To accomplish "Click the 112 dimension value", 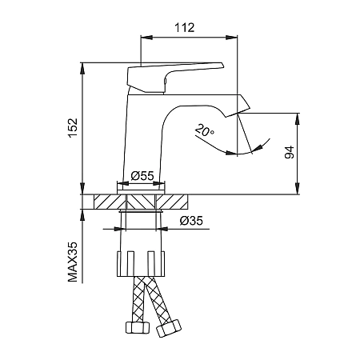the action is click(x=184, y=28).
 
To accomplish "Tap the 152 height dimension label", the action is click(x=73, y=128).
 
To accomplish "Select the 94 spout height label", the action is click(x=290, y=152).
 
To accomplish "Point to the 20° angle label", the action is click(x=205, y=130).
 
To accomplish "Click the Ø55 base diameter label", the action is click(x=142, y=176).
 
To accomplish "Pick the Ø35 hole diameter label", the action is click(x=191, y=221).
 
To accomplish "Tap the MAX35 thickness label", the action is click(x=73, y=262).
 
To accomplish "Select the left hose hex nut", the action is click(x=138, y=327).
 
